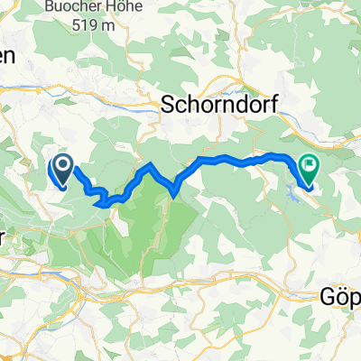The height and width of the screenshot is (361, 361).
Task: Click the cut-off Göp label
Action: click(341, 295)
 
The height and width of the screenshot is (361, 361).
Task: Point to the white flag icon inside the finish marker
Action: click(310, 165)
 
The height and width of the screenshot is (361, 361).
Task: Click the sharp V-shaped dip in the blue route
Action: click(174, 190)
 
